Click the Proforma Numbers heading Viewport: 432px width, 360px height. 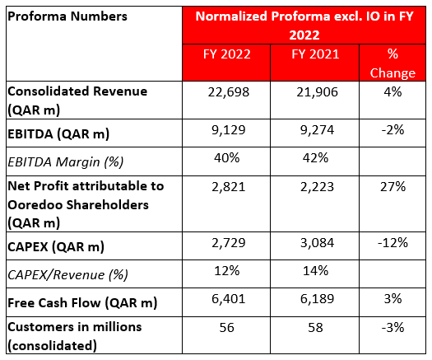(67, 16)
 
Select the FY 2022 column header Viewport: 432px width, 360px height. (227, 54)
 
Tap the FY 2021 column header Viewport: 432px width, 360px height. (315, 54)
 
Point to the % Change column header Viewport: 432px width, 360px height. (393, 63)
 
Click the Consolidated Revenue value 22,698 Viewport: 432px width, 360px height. (229, 92)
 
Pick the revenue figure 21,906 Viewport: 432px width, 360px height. (317, 92)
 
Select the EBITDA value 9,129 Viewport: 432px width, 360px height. (229, 130)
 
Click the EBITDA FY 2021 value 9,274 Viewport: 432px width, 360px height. (317, 130)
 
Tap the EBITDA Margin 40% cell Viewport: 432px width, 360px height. (227, 158)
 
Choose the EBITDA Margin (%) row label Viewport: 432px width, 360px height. (66, 162)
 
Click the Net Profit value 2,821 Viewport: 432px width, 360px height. (229, 187)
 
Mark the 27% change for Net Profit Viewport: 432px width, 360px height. (393, 187)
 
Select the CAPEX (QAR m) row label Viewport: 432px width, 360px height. (56, 247)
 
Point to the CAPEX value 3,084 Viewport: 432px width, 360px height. (317, 243)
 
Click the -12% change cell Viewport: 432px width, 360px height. (393, 243)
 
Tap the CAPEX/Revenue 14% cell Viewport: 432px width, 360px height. (315, 271)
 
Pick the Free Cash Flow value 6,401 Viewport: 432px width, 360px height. (229, 299)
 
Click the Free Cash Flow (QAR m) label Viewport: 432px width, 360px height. (82, 303)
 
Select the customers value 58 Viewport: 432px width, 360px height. (315, 328)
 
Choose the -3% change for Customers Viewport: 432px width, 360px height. (393, 327)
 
